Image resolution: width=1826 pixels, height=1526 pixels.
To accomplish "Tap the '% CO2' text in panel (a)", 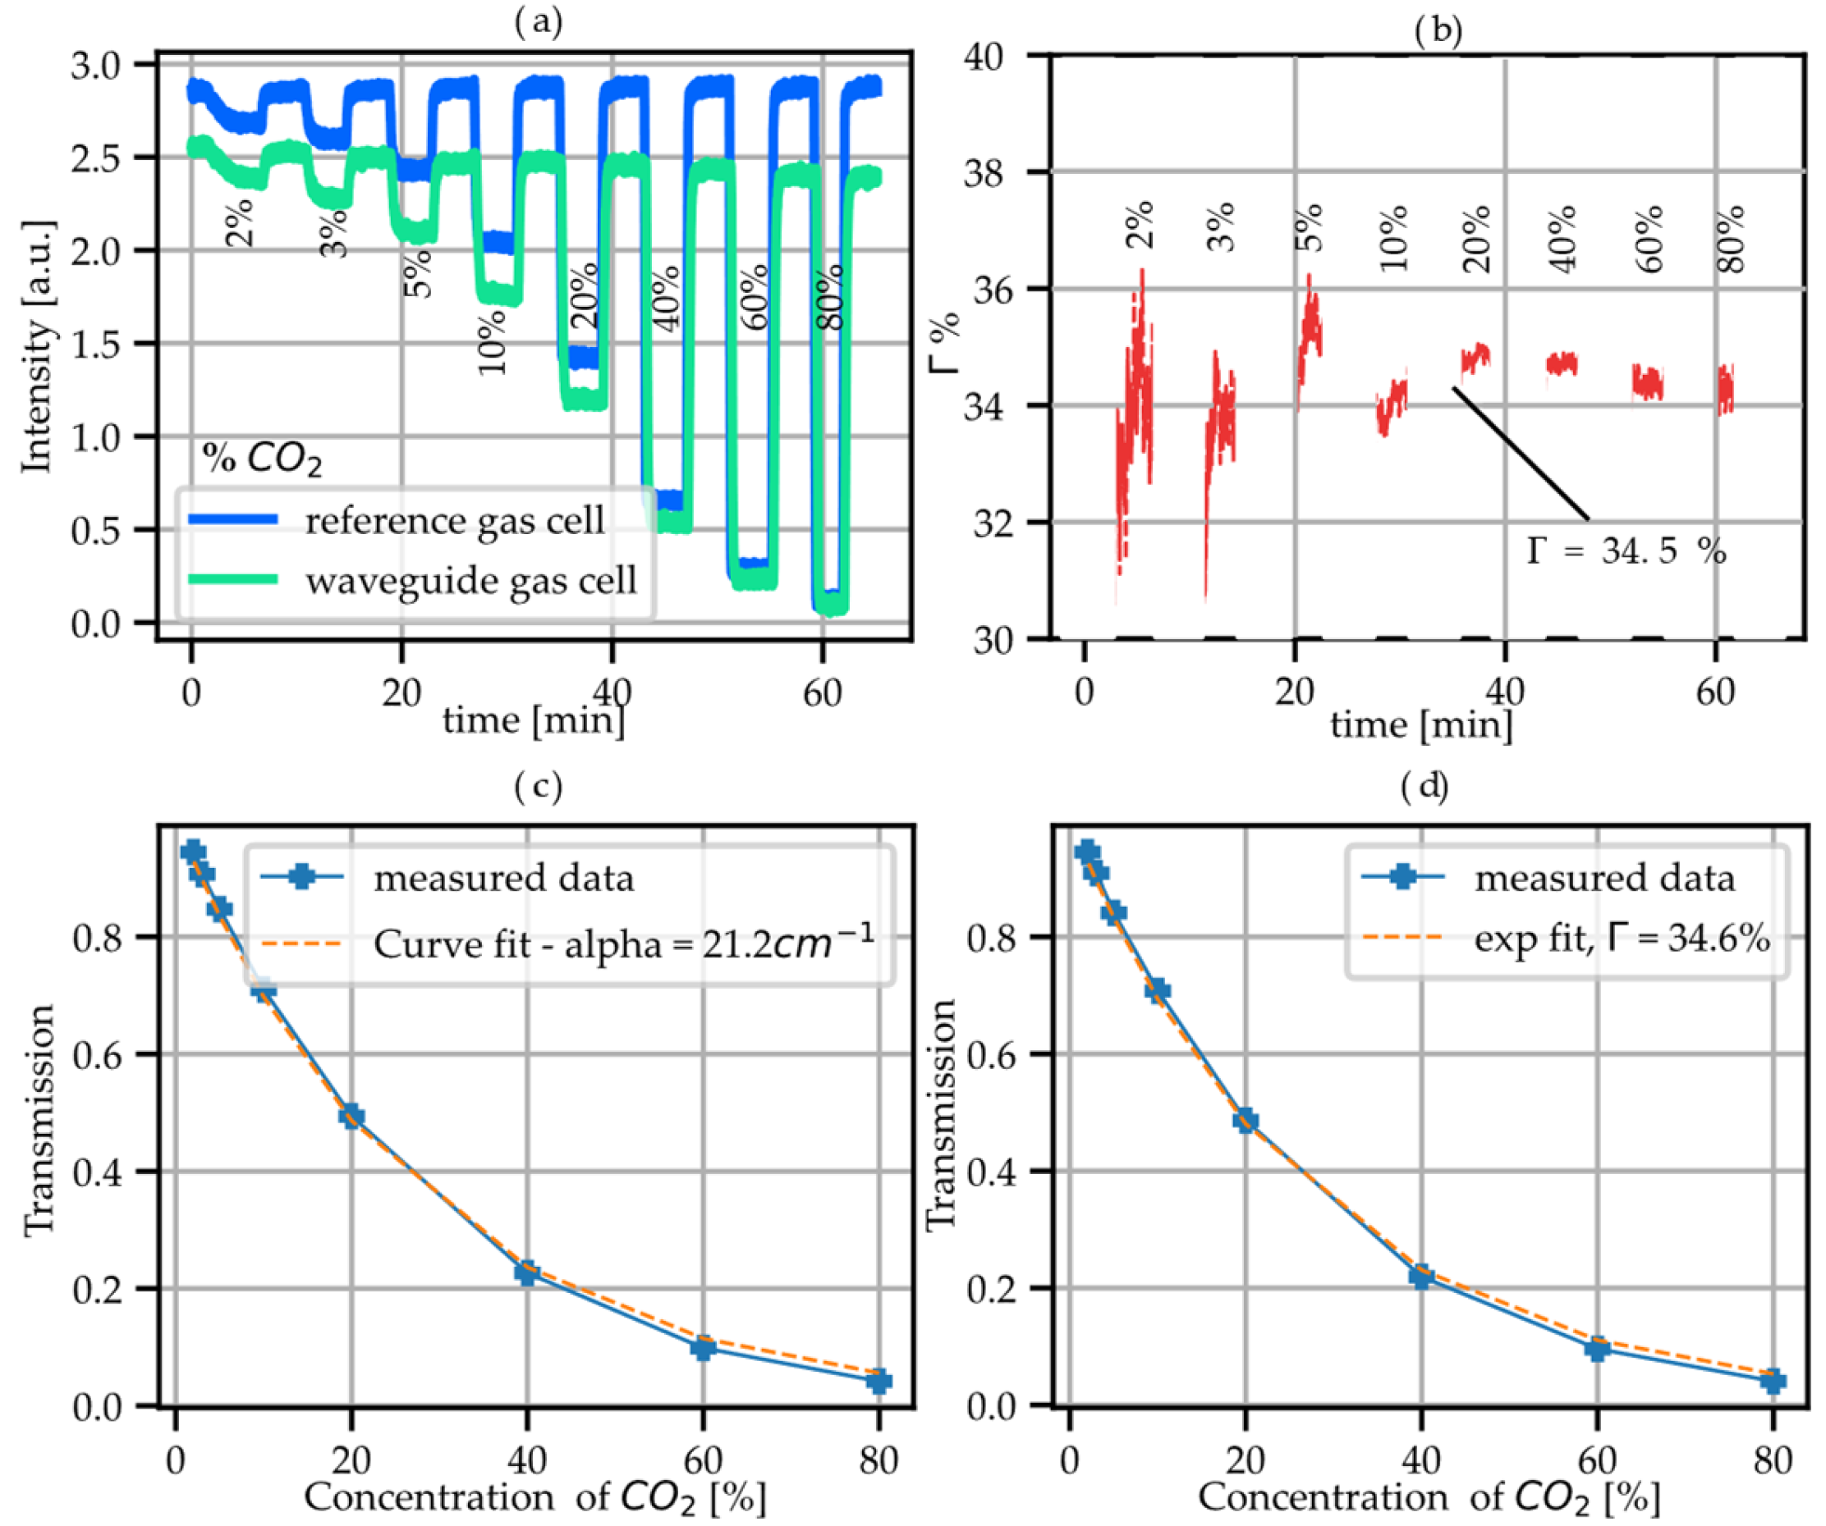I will coord(262,458).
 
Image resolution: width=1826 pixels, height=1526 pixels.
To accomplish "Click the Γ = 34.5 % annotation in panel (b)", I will coord(1626,551).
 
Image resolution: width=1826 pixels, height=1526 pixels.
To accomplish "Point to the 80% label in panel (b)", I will coord(1732,239).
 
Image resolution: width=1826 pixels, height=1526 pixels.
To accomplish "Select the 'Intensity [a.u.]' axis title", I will coord(36,347).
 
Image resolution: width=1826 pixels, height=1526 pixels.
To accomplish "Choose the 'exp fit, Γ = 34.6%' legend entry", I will coord(1622,940).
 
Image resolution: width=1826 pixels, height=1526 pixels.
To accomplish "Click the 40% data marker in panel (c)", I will coord(526,1273).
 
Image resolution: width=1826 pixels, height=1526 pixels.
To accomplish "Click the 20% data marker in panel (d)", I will coord(1246,1121).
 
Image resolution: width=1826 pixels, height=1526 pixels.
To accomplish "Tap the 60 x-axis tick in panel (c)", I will coord(703,1460).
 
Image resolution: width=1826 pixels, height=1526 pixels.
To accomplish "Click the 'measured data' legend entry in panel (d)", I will coord(1604,878).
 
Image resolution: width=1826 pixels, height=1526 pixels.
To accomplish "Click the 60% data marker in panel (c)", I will coord(703,1348).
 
